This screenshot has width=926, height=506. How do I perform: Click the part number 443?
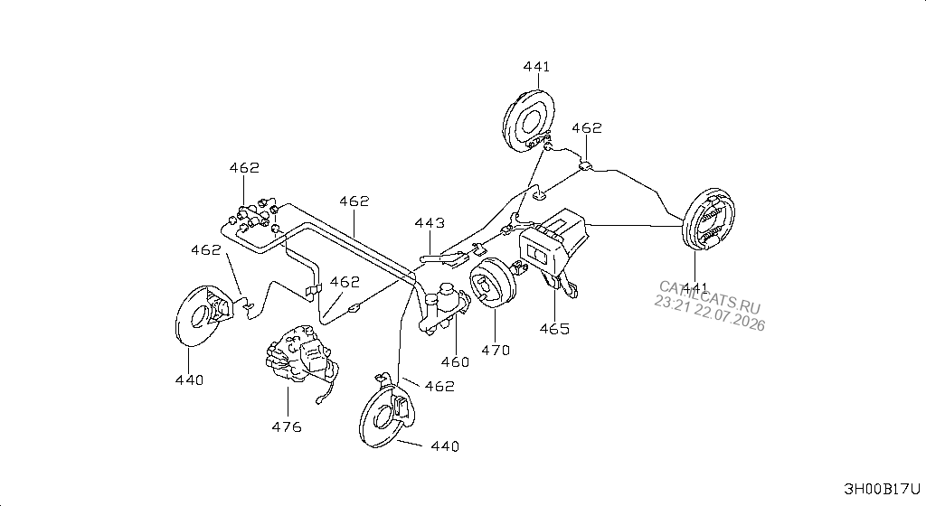click(x=430, y=223)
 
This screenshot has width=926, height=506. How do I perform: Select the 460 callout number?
click(x=456, y=362)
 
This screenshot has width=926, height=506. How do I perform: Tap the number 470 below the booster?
click(x=495, y=351)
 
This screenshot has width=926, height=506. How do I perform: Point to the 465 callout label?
click(x=554, y=329)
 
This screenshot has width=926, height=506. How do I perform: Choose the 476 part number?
click(x=287, y=427)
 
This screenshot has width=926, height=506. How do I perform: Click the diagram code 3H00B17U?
click(x=882, y=489)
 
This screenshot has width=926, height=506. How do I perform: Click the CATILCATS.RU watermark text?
click(x=709, y=297)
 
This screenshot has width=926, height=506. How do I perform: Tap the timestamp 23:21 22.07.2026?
click(x=709, y=314)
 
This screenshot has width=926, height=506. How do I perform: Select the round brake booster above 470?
click(x=493, y=282)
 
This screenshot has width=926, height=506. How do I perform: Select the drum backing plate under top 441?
click(x=529, y=121)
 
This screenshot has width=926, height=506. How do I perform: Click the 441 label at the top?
click(x=536, y=67)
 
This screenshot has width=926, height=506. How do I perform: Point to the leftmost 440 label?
click(x=189, y=380)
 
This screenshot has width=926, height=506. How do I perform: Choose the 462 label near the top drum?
click(x=586, y=128)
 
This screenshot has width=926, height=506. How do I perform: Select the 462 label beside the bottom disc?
click(x=440, y=387)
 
